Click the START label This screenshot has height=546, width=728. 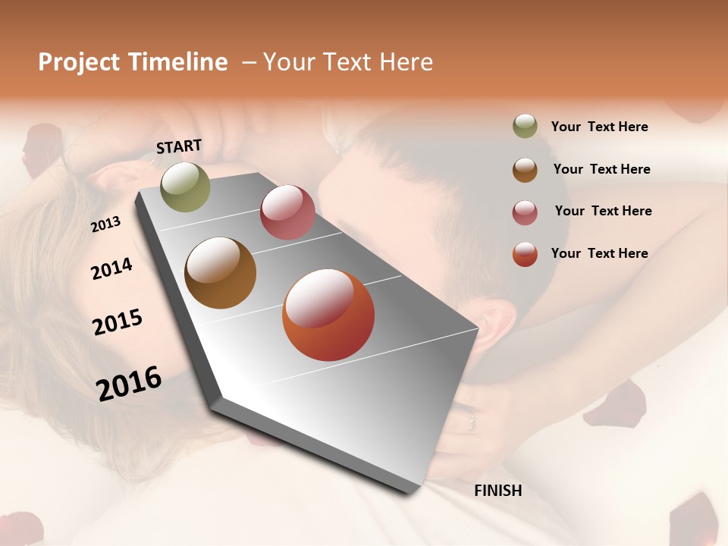[179, 146]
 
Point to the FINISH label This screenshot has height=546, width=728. [498, 491]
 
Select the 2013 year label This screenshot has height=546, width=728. [105, 224]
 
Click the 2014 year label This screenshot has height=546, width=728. [111, 268]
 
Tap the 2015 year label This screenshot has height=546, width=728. [118, 322]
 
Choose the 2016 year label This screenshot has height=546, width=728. [129, 383]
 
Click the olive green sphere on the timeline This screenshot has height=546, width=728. [186, 187]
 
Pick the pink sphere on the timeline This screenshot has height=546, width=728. [287, 212]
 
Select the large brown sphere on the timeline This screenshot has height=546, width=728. [221, 273]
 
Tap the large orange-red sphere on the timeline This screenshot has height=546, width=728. [328, 315]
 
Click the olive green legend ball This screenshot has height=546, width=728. [525, 127]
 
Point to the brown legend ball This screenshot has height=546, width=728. [525, 169]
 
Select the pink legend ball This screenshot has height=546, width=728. [525, 212]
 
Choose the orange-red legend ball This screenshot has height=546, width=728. [525, 254]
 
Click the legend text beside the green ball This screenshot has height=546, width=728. [599, 127]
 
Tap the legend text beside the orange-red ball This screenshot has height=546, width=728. [599, 253]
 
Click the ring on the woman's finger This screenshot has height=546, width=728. [471, 419]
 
